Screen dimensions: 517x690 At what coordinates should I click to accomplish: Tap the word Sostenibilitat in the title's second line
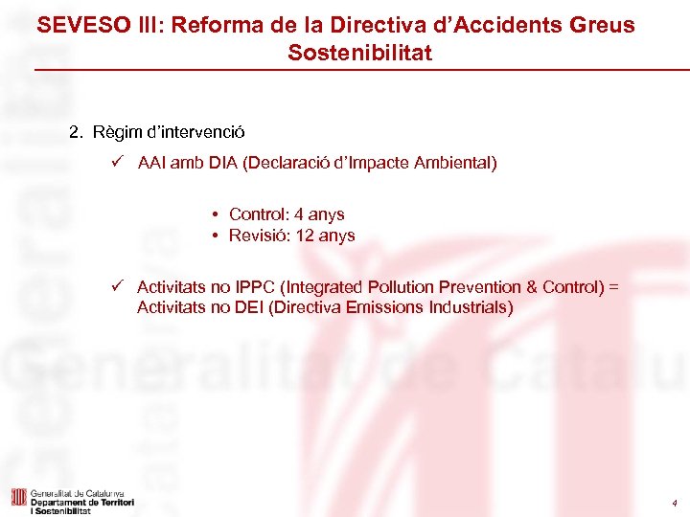(359, 54)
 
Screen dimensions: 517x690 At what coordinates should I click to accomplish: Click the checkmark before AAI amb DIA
(116, 163)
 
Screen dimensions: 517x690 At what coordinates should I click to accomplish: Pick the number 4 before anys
(300, 214)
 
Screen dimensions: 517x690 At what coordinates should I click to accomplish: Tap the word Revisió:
(258, 236)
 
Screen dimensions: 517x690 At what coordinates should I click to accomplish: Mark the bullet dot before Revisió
(218, 236)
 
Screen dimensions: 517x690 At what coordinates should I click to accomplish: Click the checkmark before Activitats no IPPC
(116, 286)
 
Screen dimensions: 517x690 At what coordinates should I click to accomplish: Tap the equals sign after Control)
(614, 286)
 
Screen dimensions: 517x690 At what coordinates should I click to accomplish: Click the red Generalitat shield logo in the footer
(18, 497)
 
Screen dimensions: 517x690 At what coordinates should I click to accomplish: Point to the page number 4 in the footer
(674, 504)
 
